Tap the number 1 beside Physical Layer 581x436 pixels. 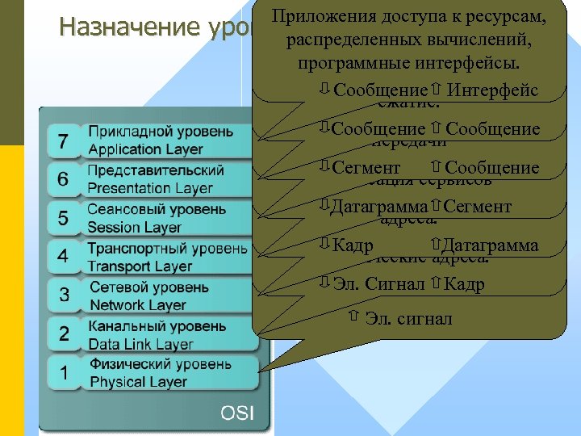[x=64, y=373]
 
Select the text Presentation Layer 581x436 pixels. [x=150, y=188]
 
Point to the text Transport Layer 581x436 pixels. [x=140, y=266]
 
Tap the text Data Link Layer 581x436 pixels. [x=141, y=343]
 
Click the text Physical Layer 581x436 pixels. [x=138, y=382]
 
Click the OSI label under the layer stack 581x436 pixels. [x=237, y=413]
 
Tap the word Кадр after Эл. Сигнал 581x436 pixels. [x=465, y=283]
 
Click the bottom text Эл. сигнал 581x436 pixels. [x=408, y=318]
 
